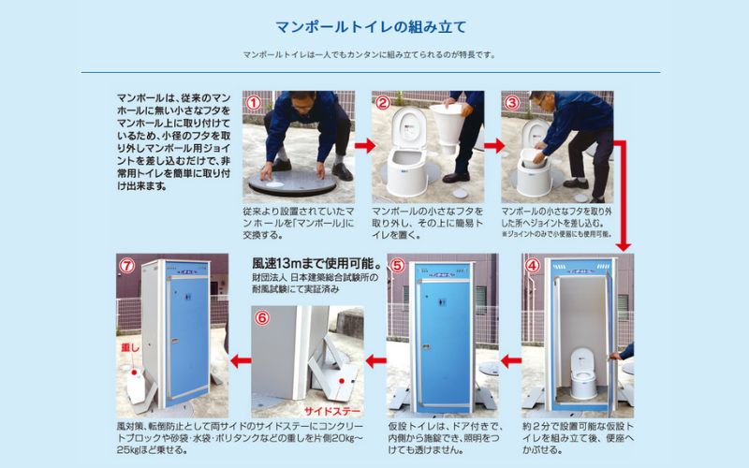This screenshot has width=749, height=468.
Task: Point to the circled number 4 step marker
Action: click(x=533, y=265)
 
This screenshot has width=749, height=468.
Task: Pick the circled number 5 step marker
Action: click(x=397, y=265)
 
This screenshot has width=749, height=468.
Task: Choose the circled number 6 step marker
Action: click(x=262, y=317)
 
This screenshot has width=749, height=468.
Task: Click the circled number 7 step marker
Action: click(x=126, y=265)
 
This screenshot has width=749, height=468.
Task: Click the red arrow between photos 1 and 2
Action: click(x=362, y=146)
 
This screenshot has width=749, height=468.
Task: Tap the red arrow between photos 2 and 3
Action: click(x=492, y=146)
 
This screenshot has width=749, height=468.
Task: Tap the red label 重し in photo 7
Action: click(x=130, y=346)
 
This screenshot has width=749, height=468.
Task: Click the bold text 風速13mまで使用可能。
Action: click(x=306, y=263)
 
